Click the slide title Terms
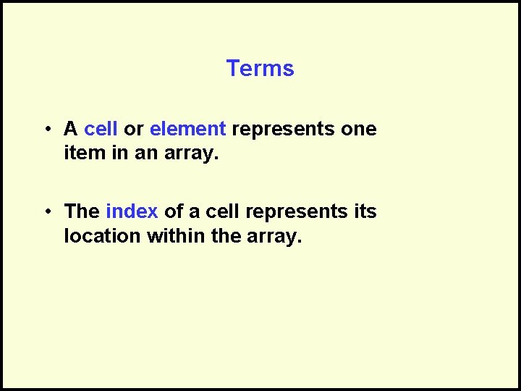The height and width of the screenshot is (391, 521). point(260,69)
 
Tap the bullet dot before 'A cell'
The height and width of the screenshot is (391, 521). point(46,130)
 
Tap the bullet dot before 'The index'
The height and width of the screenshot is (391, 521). point(46,212)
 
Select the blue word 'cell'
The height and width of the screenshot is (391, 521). point(101,129)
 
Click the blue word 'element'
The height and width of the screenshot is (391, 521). point(188,129)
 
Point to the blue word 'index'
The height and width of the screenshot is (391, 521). point(132,211)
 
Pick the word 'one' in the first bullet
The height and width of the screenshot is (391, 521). point(360,130)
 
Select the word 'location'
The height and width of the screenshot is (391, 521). point(103,236)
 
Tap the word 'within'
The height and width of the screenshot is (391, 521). point(177,236)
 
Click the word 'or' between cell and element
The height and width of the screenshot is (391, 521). point(134,130)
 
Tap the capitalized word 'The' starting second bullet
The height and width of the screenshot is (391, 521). point(82,211)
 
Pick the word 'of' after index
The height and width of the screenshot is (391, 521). point(173,211)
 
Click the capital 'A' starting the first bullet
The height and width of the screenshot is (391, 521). point(71,129)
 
